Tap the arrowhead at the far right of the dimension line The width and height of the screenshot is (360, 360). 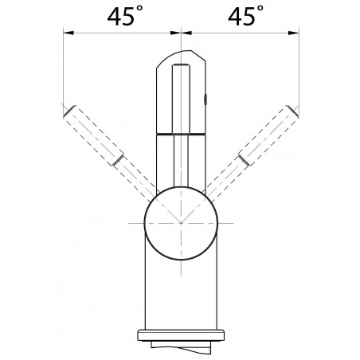pos(295,33)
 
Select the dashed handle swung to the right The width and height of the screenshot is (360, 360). pos(256,147)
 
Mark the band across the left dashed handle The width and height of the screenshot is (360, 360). pos(119,162)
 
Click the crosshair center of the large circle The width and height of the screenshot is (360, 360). pos(182,224)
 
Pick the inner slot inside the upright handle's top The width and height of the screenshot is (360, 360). pos(182,88)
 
